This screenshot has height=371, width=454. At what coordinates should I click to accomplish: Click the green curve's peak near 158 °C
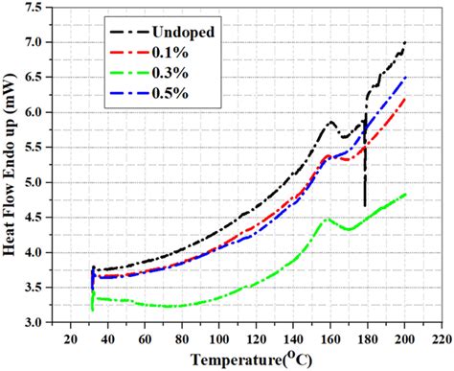pos(327,219)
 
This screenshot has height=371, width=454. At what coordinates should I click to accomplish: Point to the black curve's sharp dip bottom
pos(365,204)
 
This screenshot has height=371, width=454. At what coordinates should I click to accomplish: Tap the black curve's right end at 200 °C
pos(406,42)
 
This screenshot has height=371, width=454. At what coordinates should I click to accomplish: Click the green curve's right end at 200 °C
pos(406,195)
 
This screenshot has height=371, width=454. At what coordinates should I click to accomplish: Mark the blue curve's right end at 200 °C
pos(406,77)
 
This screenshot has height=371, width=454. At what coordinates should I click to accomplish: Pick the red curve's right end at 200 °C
pos(406,98)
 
